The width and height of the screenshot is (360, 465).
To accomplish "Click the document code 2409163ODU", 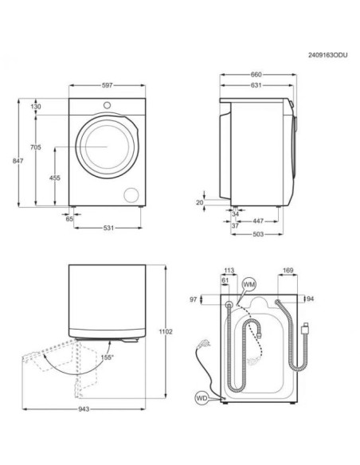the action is coord(327,55).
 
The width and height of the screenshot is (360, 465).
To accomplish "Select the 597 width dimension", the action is coord(107,85).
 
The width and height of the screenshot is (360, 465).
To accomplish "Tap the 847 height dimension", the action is coord(18,161).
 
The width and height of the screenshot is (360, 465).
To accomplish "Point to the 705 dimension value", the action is coord(36,147).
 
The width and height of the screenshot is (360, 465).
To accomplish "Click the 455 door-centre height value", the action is coord(55,178).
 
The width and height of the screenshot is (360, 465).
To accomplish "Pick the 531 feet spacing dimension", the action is coord(108,228).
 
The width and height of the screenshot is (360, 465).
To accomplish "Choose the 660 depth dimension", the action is coord(256,75).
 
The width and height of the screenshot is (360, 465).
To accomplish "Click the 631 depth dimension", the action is coord(256,85).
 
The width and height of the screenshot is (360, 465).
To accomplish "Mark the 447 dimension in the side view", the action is coord(258,221).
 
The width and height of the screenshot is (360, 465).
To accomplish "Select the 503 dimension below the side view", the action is coord(258,234).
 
